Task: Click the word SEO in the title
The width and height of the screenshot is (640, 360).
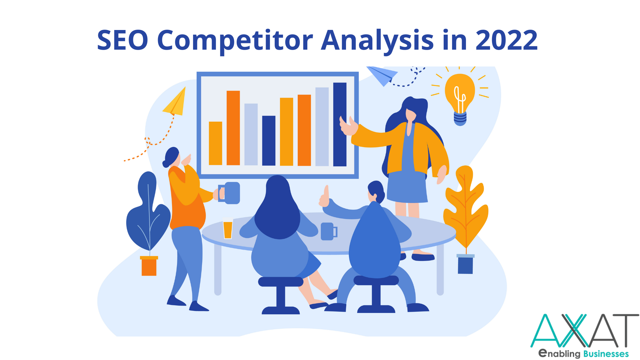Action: (x=122, y=40)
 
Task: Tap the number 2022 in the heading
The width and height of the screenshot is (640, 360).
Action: (x=506, y=40)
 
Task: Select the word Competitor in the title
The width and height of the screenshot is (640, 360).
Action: (x=235, y=42)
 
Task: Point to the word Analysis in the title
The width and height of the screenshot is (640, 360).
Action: (x=377, y=42)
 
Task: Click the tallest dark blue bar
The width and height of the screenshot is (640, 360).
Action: (x=340, y=124)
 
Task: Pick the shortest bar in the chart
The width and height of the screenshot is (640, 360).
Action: (x=215, y=143)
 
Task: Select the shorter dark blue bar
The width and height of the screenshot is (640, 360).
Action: (x=269, y=141)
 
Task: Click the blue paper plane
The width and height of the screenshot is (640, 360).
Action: (x=382, y=75)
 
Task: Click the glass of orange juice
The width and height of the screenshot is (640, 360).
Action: (x=228, y=228)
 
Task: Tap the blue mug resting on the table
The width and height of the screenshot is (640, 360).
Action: (x=329, y=231)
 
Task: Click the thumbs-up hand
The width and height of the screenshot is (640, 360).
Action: (x=324, y=197)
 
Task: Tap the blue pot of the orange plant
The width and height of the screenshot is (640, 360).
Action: (x=465, y=264)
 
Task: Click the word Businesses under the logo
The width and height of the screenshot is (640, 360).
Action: (x=606, y=354)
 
